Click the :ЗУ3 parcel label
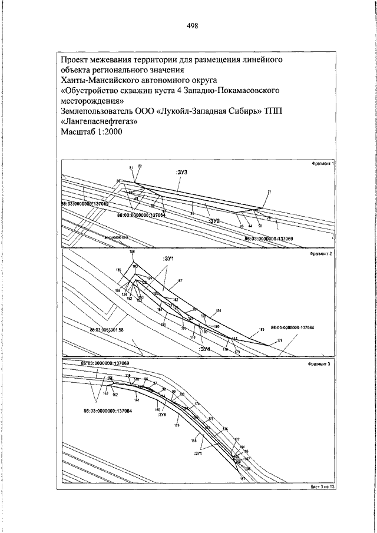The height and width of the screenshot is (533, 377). click(181, 172)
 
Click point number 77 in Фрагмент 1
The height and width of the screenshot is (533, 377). click(269, 192)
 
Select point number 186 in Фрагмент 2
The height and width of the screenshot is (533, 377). click(132, 252)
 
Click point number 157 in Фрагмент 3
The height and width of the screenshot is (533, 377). click(242, 479)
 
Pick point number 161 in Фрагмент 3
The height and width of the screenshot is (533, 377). click(136, 400)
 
